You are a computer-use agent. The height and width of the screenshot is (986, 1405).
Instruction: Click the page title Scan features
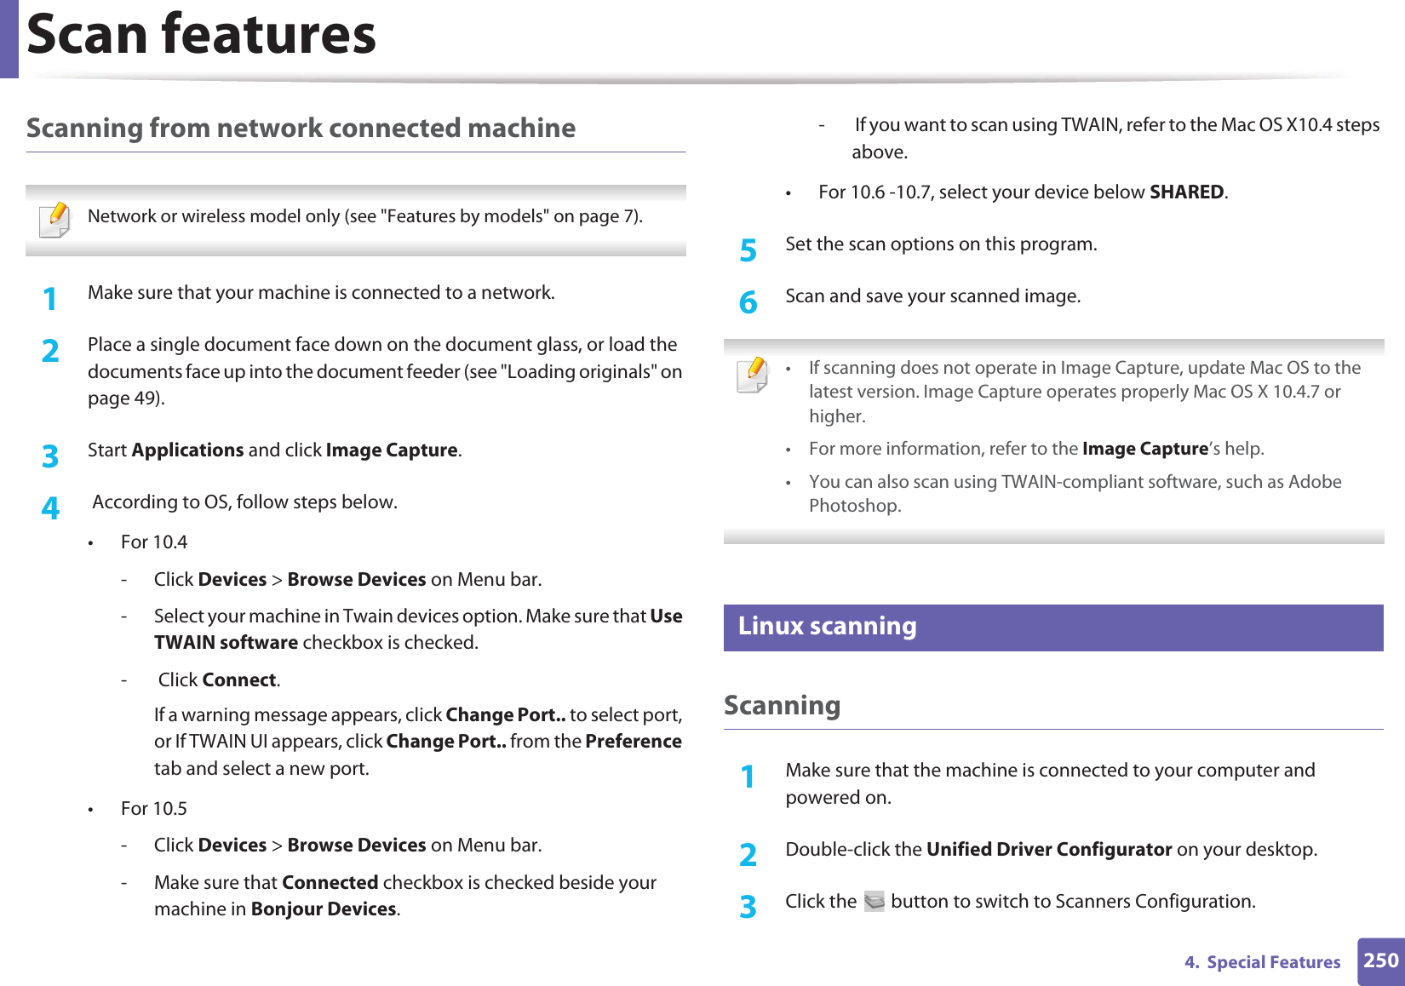201,36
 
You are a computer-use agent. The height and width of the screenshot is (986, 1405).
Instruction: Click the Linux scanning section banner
1052,628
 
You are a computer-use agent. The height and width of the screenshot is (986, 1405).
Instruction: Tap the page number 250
1380,960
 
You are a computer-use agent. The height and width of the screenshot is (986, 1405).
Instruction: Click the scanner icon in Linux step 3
874,901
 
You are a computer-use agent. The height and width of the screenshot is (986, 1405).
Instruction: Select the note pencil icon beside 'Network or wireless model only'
55,219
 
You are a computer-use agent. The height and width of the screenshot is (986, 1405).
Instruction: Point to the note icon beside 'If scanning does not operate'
753,375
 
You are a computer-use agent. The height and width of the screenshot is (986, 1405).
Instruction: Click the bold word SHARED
1186,192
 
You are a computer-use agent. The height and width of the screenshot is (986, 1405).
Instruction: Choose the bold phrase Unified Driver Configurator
1048,850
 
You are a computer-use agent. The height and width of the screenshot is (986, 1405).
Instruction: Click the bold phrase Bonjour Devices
324,909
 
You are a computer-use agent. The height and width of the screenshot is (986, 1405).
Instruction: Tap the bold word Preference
634,742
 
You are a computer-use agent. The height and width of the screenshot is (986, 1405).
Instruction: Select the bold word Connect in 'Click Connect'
239,680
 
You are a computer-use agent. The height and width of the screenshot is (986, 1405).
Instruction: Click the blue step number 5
748,250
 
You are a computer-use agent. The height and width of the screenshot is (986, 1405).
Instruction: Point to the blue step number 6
748,302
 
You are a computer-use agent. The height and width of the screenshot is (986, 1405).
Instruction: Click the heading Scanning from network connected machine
301,129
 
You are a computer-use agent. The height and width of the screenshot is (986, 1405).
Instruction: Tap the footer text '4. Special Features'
1262,962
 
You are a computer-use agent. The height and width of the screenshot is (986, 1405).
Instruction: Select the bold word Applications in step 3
187,450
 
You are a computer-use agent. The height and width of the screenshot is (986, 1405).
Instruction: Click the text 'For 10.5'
153,809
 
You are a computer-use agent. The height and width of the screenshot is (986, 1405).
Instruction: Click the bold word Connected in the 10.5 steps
330,883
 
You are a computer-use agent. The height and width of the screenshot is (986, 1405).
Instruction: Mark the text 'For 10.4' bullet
153,542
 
